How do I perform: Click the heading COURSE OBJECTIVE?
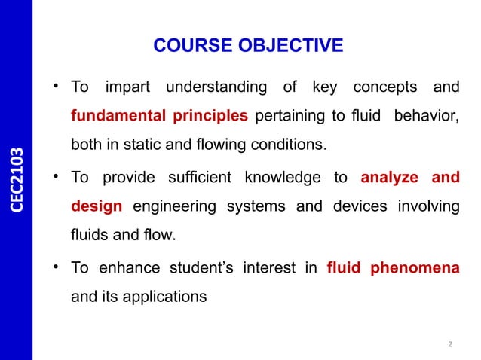click(x=247, y=47)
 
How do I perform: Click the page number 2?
click(x=450, y=346)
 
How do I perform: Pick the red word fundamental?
click(x=116, y=117)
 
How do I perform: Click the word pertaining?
click(x=290, y=117)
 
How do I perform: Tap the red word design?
click(x=96, y=206)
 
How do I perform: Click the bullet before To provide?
click(x=57, y=178)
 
